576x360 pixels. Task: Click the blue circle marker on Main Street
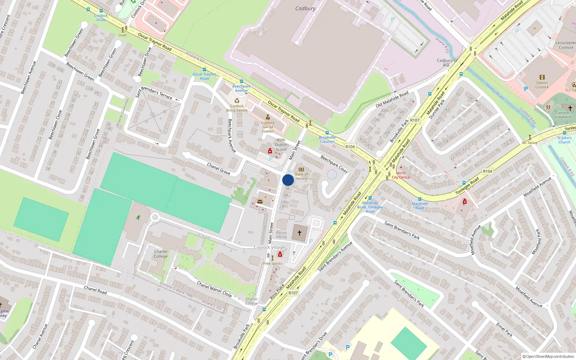coord(288,180)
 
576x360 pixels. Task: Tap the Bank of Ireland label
coord(301,176)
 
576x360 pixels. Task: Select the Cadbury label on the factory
coord(305,8)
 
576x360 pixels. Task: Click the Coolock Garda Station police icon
coord(268,117)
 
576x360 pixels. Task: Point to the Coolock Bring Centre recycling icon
coord(237,101)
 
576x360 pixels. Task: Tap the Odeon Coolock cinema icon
coord(542,77)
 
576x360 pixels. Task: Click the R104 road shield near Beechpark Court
coord(350,147)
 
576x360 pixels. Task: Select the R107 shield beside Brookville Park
coord(415,120)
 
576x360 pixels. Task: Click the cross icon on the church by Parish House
coord(300,233)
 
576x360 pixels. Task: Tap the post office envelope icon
coord(260,202)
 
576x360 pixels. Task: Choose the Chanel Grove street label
coord(219,168)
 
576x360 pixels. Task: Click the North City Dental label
coord(401,175)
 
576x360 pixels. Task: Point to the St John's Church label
coord(564,140)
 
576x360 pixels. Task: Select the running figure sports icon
coord(138,217)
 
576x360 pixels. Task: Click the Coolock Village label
coord(269,247)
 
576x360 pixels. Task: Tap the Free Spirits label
coord(273,264)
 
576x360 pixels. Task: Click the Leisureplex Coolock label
coord(566,45)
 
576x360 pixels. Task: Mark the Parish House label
coord(282,235)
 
